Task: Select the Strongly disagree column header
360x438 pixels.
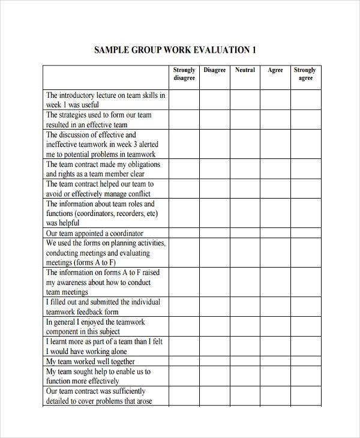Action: point(184,74)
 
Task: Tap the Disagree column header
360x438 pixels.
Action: point(214,70)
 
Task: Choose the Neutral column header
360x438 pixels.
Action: point(245,70)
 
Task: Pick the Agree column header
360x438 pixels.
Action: point(275,70)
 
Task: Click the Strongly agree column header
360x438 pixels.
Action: point(305,74)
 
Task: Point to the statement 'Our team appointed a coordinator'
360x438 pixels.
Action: point(95,233)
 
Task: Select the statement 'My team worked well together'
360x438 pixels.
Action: point(91,362)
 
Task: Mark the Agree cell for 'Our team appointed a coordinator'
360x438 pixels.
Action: point(275,233)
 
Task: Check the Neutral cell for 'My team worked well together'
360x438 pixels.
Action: point(245,362)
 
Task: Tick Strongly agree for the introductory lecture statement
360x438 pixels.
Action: point(305,100)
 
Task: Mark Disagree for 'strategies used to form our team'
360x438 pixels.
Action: point(214,119)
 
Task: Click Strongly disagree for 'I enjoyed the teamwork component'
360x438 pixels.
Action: point(184,326)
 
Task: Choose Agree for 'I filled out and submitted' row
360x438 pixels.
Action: point(275,307)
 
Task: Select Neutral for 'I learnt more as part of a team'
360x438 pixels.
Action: point(245,346)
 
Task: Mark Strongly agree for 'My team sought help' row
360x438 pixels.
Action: point(305,376)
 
